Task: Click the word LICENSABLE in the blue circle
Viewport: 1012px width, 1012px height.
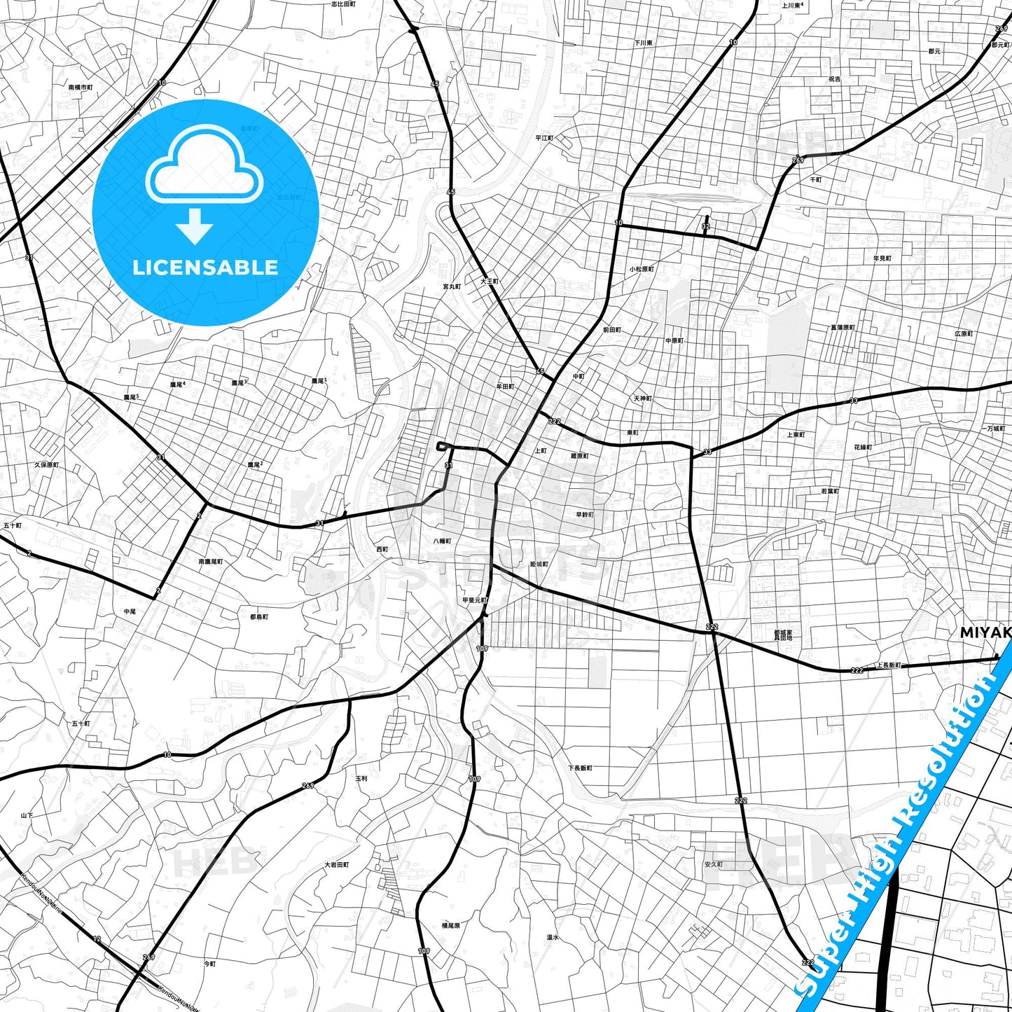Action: (205, 268)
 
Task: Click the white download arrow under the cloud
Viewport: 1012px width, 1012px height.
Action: (195, 226)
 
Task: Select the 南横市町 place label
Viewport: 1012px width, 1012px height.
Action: (81, 88)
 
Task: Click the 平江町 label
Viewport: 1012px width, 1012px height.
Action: (544, 138)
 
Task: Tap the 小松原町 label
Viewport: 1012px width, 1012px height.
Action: (641, 269)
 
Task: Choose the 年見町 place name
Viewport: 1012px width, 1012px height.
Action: (882, 258)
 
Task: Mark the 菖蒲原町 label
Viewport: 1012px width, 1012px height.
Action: (842, 327)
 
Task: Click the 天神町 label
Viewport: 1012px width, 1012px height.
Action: (643, 398)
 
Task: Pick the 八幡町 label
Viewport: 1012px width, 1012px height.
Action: (442, 541)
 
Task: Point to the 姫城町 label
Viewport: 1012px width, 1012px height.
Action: (539, 564)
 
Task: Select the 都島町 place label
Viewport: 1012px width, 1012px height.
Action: (259, 617)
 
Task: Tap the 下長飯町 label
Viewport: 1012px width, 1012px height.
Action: (580, 768)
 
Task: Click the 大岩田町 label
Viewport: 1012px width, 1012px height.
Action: (336, 865)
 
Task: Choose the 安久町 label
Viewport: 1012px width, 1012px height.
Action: (714, 865)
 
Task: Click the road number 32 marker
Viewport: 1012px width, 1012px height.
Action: (705, 226)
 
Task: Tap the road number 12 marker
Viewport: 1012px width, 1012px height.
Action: (97, 938)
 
